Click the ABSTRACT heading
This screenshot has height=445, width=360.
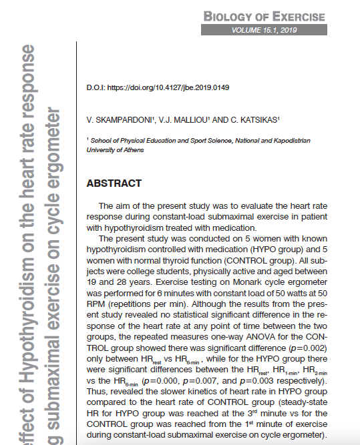click(x=114, y=183)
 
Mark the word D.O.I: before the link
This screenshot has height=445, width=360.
click(x=96, y=87)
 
